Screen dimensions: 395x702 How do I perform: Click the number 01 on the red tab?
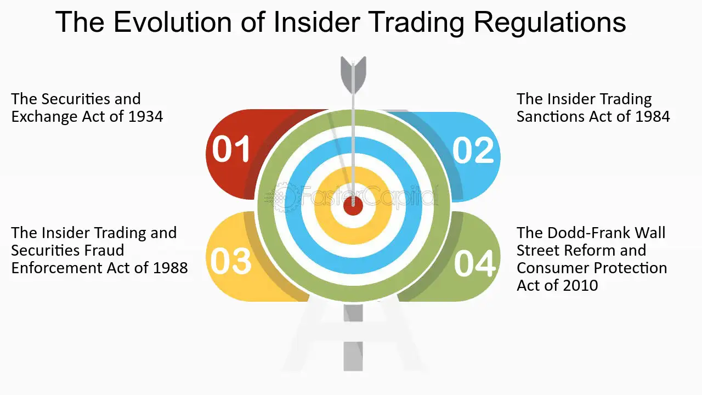pyautogui.click(x=231, y=150)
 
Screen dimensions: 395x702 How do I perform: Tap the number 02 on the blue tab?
pyautogui.click(x=473, y=150)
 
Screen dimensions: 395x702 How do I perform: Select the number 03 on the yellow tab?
pyautogui.click(x=231, y=261)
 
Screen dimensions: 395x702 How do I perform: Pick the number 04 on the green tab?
pyautogui.click(x=474, y=263)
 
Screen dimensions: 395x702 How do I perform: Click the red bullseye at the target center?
pyautogui.click(x=353, y=206)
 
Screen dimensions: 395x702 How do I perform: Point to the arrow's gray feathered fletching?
pyautogui.click(x=353, y=74)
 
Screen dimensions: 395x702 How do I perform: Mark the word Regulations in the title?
pyautogui.click(x=550, y=22)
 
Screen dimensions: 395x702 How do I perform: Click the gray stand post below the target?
pyautogui.click(x=353, y=340)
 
